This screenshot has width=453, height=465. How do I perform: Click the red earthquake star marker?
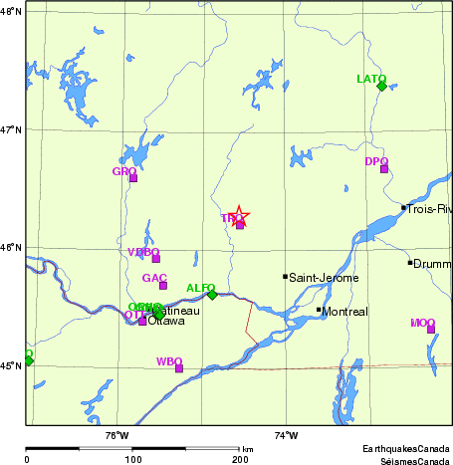click(x=238, y=216)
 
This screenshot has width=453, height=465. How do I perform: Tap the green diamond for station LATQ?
click(x=381, y=86)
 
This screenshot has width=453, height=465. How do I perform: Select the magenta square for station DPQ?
click(x=384, y=168)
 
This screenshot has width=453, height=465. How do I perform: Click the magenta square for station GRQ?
click(x=132, y=178)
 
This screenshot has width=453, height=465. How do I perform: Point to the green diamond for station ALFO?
click(x=212, y=294)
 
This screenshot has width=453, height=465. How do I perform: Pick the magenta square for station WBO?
click(x=179, y=368)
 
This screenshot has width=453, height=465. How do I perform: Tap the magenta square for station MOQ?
click(x=431, y=329)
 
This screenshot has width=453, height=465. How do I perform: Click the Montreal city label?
click(x=344, y=312)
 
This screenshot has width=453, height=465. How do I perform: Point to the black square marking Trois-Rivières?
click(x=403, y=208)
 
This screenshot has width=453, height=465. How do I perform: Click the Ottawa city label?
click(x=166, y=322)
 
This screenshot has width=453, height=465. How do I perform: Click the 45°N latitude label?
click(x=11, y=366)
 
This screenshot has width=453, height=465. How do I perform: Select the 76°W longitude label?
click(x=116, y=434)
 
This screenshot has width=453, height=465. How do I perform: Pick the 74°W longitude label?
click(x=286, y=434)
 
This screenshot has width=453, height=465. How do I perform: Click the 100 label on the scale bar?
click(x=132, y=459)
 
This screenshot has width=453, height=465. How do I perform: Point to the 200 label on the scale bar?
click(x=240, y=459)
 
